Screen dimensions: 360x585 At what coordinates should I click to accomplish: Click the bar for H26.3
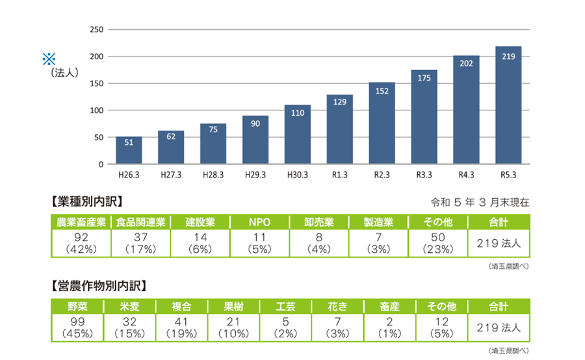click(x=129, y=150)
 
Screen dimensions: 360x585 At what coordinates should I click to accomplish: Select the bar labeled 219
click(x=508, y=105)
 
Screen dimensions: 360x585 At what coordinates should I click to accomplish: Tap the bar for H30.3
click(x=298, y=135)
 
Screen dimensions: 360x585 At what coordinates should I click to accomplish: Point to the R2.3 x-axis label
click(x=382, y=175)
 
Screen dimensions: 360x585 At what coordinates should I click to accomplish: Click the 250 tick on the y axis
click(x=96, y=30)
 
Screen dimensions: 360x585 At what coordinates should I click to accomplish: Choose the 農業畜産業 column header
click(x=81, y=222)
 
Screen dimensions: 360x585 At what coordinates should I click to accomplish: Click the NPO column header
click(x=259, y=222)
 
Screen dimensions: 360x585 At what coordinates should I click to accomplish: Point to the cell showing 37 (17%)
click(x=140, y=243)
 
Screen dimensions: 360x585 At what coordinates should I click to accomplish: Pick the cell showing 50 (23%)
click(x=437, y=243)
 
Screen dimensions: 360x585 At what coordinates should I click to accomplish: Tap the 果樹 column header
click(x=233, y=306)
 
